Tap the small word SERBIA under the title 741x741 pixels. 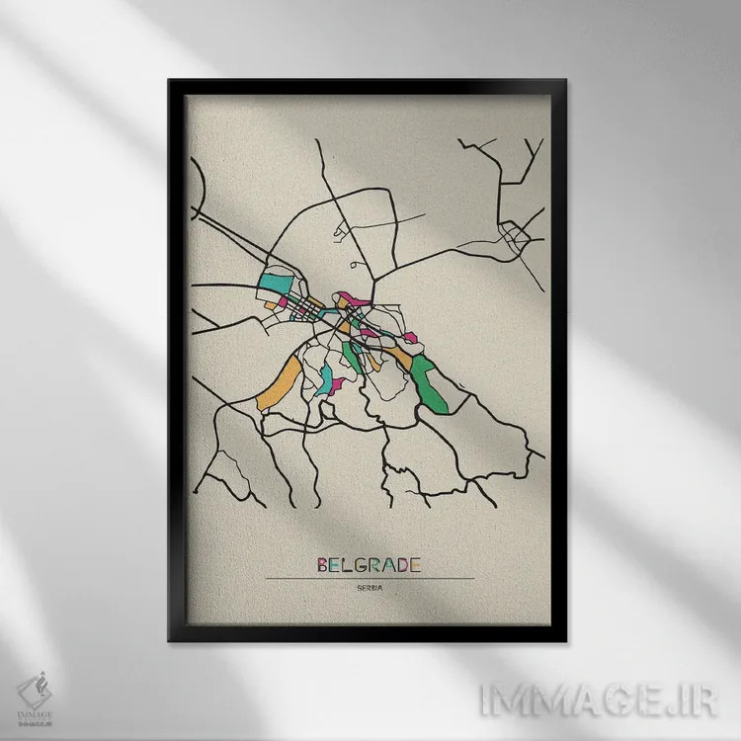370,590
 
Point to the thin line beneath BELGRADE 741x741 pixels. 370,578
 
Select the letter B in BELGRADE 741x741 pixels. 323,565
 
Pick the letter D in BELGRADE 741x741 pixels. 402,565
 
